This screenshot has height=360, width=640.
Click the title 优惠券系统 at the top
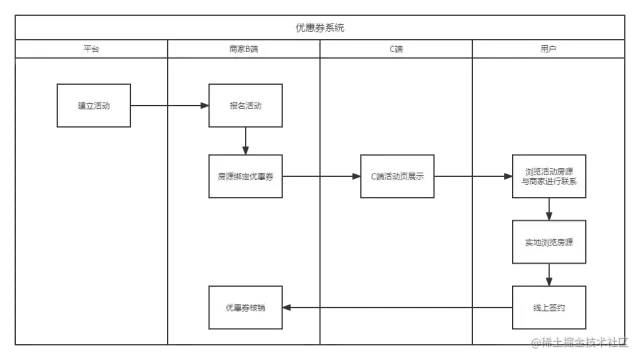point(320,27)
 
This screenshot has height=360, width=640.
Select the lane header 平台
point(92,47)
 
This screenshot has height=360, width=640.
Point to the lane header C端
point(396,47)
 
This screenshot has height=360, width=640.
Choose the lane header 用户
point(548,47)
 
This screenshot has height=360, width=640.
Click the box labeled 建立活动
point(93,105)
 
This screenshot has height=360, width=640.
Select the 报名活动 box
point(245,105)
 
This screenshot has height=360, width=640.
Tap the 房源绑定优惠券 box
point(245,177)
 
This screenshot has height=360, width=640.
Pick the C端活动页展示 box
point(397,177)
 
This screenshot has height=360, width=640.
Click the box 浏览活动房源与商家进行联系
point(549,177)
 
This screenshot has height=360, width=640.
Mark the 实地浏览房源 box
point(549,243)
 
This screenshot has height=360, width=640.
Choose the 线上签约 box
point(549,307)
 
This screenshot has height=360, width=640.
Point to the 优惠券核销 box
point(245,307)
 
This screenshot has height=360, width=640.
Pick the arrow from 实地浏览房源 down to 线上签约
point(549,275)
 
